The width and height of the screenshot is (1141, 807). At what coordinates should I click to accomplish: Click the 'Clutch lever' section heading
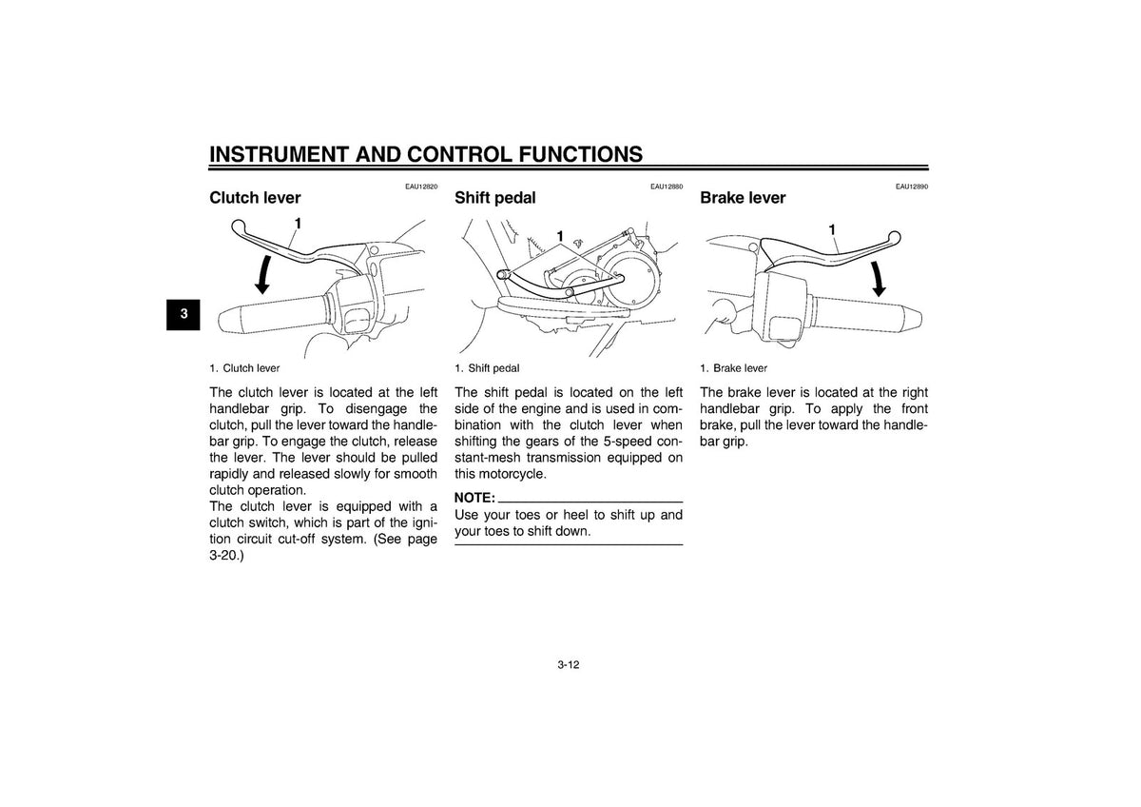click(x=255, y=198)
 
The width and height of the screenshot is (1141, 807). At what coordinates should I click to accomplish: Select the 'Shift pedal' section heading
click(x=495, y=198)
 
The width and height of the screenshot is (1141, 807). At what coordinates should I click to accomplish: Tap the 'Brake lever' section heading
click(x=743, y=198)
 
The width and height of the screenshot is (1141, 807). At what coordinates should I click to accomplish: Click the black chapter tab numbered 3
click(x=184, y=314)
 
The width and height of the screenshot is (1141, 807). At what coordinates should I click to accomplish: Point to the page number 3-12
click(x=569, y=665)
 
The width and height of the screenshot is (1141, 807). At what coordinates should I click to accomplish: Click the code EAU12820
click(x=421, y=187)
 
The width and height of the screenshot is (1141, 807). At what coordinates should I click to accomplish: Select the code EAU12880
click(x=667, y=187)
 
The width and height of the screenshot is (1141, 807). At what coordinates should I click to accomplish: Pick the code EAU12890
click(x=912, y=187)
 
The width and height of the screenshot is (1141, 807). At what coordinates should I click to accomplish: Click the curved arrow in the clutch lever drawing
click(x=264, y=275)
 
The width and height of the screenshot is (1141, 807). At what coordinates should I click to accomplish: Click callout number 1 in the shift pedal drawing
click(x=560, y=236)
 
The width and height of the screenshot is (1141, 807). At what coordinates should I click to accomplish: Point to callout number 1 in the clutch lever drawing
click(x=298, y=224)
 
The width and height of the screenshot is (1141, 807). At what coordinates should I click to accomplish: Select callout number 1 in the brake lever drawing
click(x=832, y=230)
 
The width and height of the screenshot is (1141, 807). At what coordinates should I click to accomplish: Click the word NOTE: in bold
click(x=474, y=498)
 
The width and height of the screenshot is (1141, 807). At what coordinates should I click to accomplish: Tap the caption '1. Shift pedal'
click(x=487, y=368)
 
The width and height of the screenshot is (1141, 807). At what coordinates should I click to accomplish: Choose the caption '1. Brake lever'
click(x=733, y=368)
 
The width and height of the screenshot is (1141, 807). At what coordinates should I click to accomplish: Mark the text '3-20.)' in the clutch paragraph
click(x=226, y=556)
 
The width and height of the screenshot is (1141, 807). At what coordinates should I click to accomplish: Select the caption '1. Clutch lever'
click(x=244, y=368)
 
